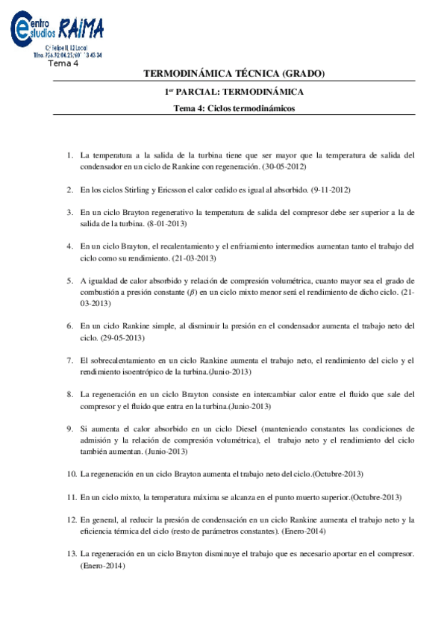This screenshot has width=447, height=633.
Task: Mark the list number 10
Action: (x=72, y=474)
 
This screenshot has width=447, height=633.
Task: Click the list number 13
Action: (x=72, y=555)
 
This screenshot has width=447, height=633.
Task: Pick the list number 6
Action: (x=69, y=326)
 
